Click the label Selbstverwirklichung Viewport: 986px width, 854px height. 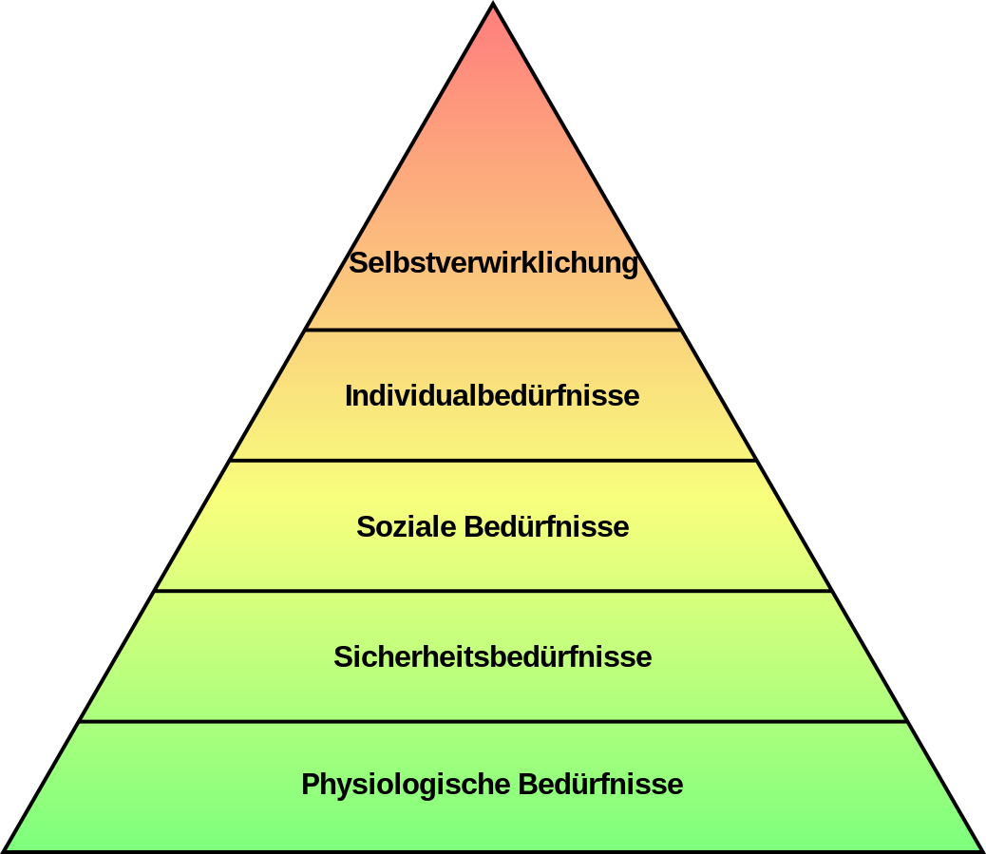pos(494,263)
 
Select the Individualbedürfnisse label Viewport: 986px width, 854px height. pos(492,395)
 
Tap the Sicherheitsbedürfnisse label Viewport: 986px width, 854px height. pos(492,656)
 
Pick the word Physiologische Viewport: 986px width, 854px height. pos(406,785)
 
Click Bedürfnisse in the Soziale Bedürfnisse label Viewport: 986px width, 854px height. pos(546,526)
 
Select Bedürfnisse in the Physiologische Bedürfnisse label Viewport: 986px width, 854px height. pos(600,785)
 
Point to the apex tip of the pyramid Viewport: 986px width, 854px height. pos(493,3)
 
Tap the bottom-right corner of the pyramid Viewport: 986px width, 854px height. pos(982,851)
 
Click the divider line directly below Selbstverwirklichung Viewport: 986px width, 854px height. pos(493,329)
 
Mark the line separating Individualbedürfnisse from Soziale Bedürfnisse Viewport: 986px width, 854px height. pos(493,461)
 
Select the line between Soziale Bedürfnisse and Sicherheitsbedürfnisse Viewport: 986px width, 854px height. pos(493,591)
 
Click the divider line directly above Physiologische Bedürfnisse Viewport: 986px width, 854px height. pos(493,721)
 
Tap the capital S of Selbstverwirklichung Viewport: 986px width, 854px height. pos(358,263)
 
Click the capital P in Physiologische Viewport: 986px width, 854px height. pos(311,785)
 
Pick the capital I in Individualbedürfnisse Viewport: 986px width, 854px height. pos(349,395)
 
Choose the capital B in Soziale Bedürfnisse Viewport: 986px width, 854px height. pos(474,526)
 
